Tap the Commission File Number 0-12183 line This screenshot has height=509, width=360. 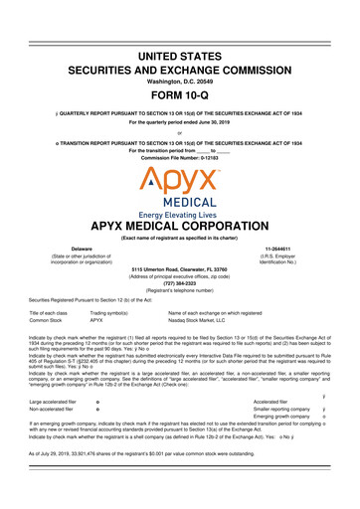click(180, 157)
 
